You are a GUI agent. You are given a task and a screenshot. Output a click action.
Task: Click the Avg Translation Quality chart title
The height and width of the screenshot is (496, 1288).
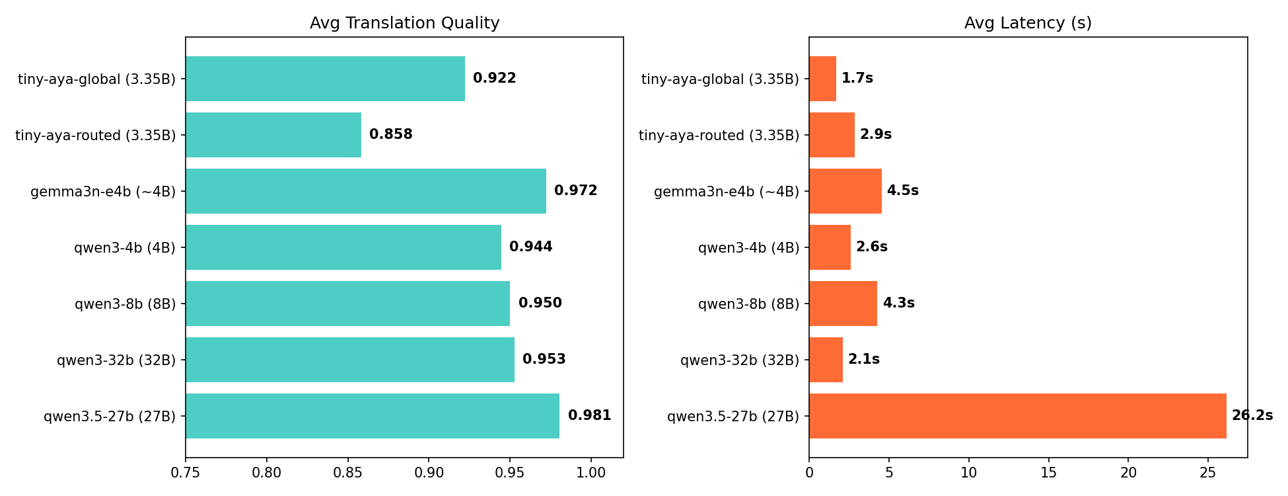(404, 23)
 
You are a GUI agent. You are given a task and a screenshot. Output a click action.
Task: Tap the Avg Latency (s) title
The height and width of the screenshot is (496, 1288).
(1028, 23)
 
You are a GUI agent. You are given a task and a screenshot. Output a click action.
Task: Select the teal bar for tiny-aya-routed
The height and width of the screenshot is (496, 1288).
(273, 135)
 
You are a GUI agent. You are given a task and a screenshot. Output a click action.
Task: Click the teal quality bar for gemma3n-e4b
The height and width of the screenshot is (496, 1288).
(366, 191)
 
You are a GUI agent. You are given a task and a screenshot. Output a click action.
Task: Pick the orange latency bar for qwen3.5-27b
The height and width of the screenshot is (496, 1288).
(1017, 416)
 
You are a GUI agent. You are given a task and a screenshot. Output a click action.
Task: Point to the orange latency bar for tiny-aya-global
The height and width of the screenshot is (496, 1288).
(822, 79)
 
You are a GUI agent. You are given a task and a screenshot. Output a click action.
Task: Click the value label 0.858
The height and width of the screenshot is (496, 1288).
(390, 135)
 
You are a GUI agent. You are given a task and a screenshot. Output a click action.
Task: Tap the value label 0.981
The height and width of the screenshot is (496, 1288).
(589, 416)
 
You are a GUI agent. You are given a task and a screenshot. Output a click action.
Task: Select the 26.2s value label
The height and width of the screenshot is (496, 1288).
(1252, 416)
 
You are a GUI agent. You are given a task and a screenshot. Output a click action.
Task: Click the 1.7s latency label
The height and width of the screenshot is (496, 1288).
(857, 79)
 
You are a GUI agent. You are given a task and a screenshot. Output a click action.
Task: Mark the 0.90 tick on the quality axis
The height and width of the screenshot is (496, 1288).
(429, 473)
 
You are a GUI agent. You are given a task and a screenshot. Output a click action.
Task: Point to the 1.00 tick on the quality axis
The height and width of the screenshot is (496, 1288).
(590, 473)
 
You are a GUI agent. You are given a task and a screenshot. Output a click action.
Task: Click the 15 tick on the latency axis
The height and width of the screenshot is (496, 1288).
(1048, 473)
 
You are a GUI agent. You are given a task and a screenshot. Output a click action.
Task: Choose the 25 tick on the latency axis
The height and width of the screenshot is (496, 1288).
(1208, 473)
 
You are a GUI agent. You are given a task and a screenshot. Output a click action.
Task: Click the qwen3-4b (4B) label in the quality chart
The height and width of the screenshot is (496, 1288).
(125, 248)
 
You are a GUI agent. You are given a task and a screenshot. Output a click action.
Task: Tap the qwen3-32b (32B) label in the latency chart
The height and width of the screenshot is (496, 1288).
(739, 360)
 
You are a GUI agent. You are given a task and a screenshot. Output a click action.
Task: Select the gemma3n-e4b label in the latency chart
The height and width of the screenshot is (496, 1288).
(726, 192)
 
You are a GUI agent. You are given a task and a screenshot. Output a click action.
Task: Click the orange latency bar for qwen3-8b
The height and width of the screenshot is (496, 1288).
(843, 304)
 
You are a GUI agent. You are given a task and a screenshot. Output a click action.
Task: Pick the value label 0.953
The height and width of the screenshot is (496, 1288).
(544, 360)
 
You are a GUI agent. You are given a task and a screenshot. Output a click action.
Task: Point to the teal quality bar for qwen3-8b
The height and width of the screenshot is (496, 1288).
(347, 304)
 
